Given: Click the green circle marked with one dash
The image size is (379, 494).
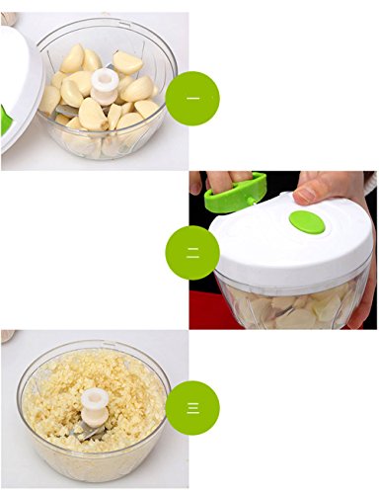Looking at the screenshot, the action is point(192,98).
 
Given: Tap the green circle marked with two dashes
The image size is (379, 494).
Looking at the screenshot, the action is point(192,253).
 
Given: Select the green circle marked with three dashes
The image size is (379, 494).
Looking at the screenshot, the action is point(192,408).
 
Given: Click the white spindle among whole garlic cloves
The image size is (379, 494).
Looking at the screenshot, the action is point(103,87).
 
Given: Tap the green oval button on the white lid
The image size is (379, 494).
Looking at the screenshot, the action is point(307,223).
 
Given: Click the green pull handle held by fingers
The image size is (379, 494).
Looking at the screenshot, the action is point(235,193).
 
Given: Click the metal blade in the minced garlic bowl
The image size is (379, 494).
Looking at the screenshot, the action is point(88,431).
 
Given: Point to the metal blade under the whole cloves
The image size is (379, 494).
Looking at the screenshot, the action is point(67,111).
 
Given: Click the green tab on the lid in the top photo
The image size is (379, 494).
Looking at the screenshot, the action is point(6,121).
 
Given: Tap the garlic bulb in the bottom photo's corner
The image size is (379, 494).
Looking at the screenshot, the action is point(7,336).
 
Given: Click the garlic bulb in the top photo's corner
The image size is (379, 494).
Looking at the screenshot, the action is point(7,19).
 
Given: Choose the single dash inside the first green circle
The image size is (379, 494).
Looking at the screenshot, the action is point(192,98).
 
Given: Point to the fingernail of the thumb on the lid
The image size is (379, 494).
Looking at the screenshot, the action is point(304,195).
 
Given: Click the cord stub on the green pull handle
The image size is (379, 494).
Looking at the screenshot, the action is point(252,202).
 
